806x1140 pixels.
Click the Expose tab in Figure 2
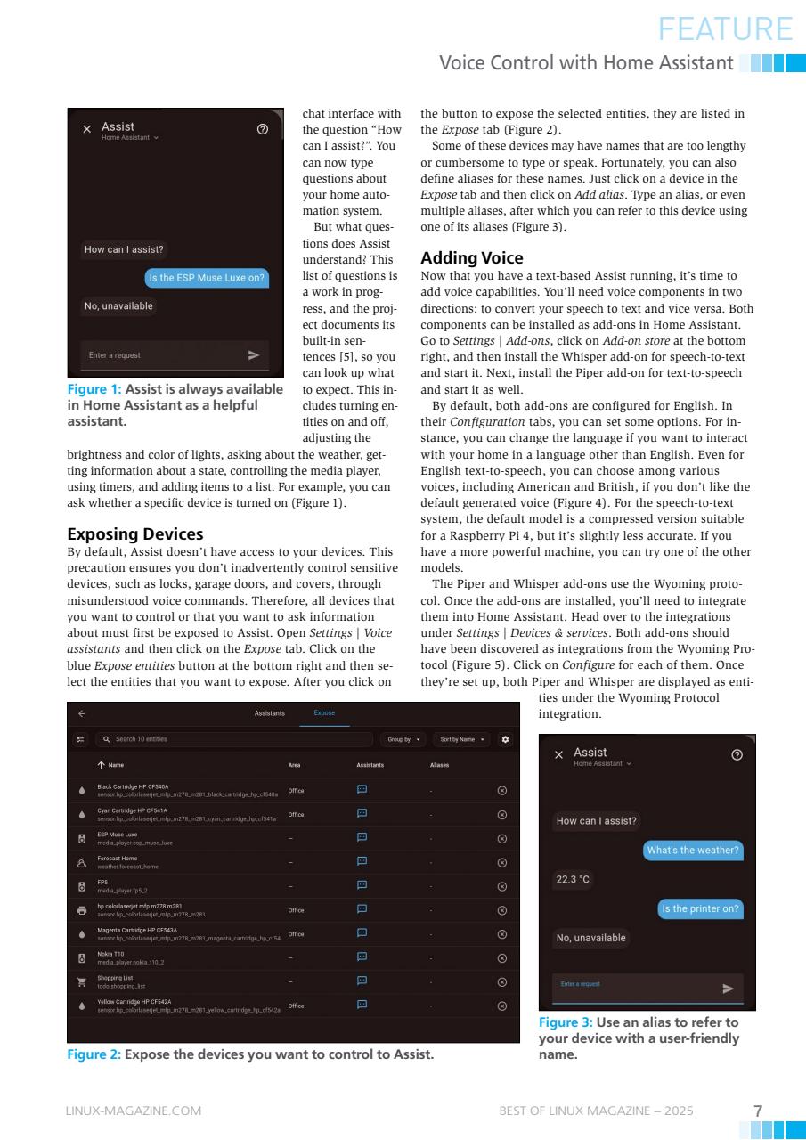coord(324,713)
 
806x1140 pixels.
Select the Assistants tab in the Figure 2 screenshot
coord(270,713)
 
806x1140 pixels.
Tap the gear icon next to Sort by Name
coord(506,739)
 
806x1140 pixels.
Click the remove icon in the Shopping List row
coord(501,981)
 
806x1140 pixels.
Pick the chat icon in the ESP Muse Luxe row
coord(362,837)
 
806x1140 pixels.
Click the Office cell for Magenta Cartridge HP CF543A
coord(296,934)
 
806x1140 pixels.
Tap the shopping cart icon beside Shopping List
coord(82,981)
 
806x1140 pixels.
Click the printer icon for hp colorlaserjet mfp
coord(82,910)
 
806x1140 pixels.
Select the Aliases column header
coord(439,765)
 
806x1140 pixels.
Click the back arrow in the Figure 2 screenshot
coord(82,713)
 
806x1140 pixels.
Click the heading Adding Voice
coord(471,258)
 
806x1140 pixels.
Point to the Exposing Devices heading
coord(135,534)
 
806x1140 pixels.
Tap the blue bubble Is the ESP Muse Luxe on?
coord(207,278)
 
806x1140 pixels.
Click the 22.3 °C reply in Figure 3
coord(573,879)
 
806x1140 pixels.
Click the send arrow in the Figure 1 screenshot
coord(254,355)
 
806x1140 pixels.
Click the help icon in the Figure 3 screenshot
coord(736,754)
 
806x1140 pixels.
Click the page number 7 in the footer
coord(758,1111)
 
